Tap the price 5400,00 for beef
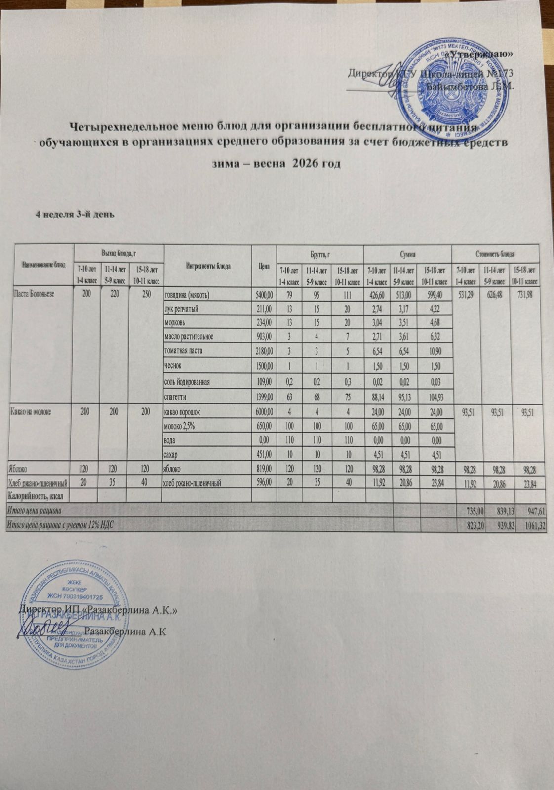[x=264, y=296]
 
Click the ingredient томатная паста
[x=183, y=351]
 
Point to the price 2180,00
[x=264, y=351]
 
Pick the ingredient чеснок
[x=173, y=365]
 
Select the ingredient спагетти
[x=176, y=396]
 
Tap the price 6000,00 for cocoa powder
[x=264, y=411]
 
